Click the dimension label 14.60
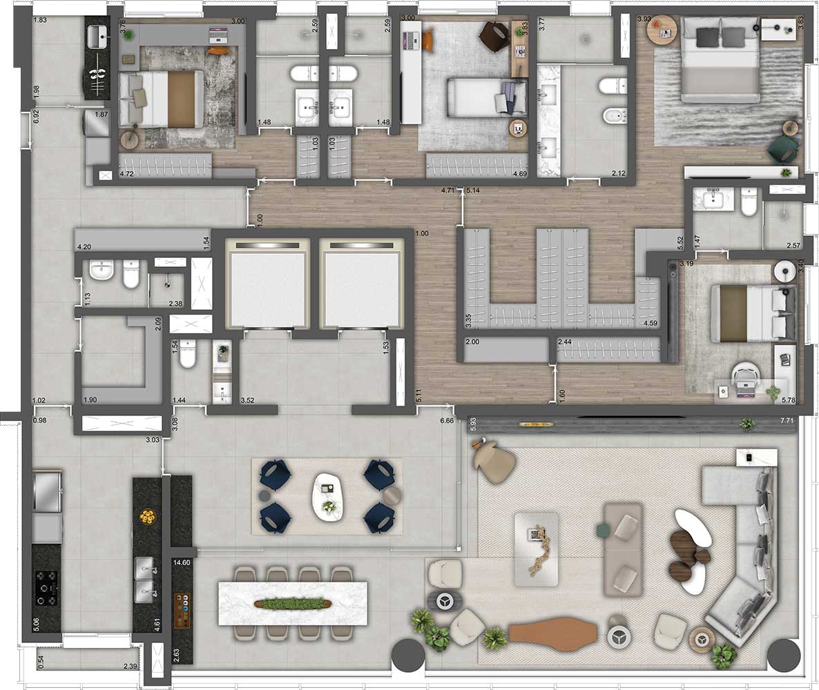click(182, 563)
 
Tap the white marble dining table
click(293, 603)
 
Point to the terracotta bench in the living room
click(553, 631)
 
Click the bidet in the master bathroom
click(613, 116)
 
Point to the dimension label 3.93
click(644, 19)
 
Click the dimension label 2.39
click(130, 667)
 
